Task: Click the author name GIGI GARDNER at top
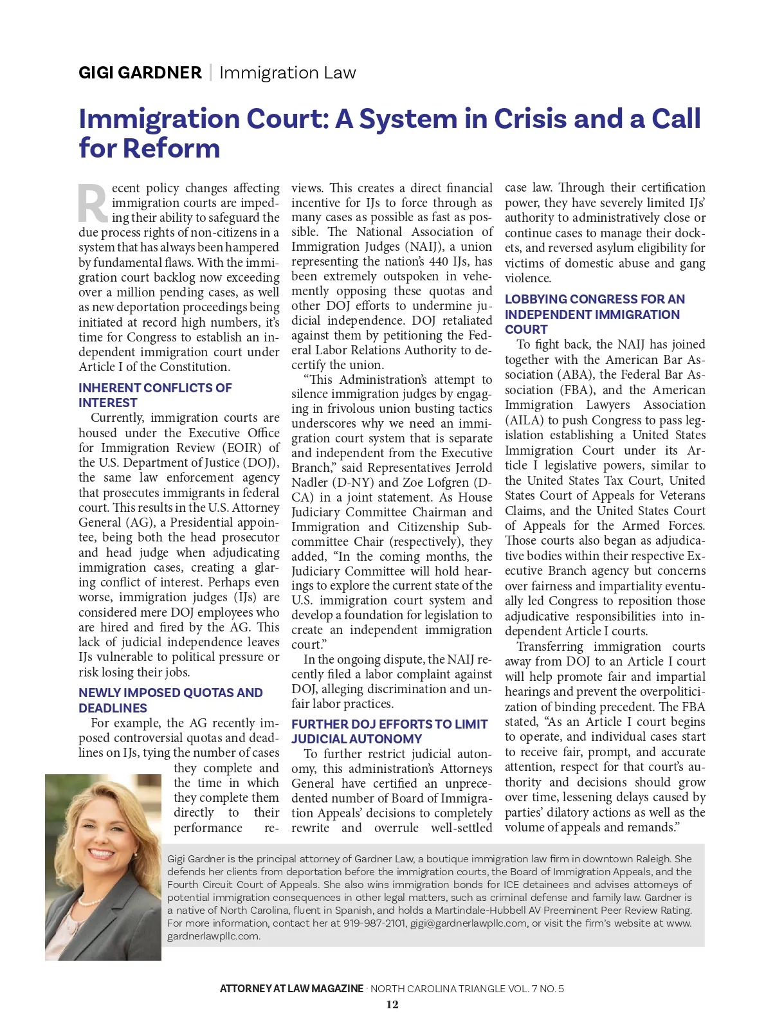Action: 140,73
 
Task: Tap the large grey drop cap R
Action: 93,204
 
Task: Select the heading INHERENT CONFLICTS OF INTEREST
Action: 155,395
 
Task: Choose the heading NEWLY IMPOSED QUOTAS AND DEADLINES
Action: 170,700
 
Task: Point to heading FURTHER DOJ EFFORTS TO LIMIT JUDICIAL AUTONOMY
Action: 389,732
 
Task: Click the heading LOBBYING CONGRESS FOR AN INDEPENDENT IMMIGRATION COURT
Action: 594,314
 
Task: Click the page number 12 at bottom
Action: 392,1005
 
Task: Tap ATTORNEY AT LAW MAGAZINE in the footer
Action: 291,989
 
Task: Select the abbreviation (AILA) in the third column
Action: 524,421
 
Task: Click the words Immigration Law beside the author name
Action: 287,73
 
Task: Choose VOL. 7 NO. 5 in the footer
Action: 533,989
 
